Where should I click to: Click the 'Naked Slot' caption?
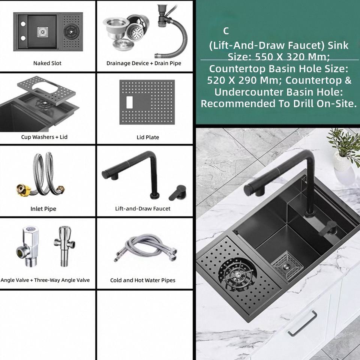tap(47, 63)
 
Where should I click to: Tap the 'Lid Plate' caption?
tap(148, 137)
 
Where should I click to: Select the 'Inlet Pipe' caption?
tap(43, 209)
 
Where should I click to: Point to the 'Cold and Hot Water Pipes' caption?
tap(142, 280)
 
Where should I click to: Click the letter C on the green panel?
tap(226, 31)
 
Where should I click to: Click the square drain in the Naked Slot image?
tap(43, 32)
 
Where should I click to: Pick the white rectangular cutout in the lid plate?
tap(129, 102)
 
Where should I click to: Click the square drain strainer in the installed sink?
tap(287, 266)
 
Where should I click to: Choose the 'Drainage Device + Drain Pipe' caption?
tap(144, 63)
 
